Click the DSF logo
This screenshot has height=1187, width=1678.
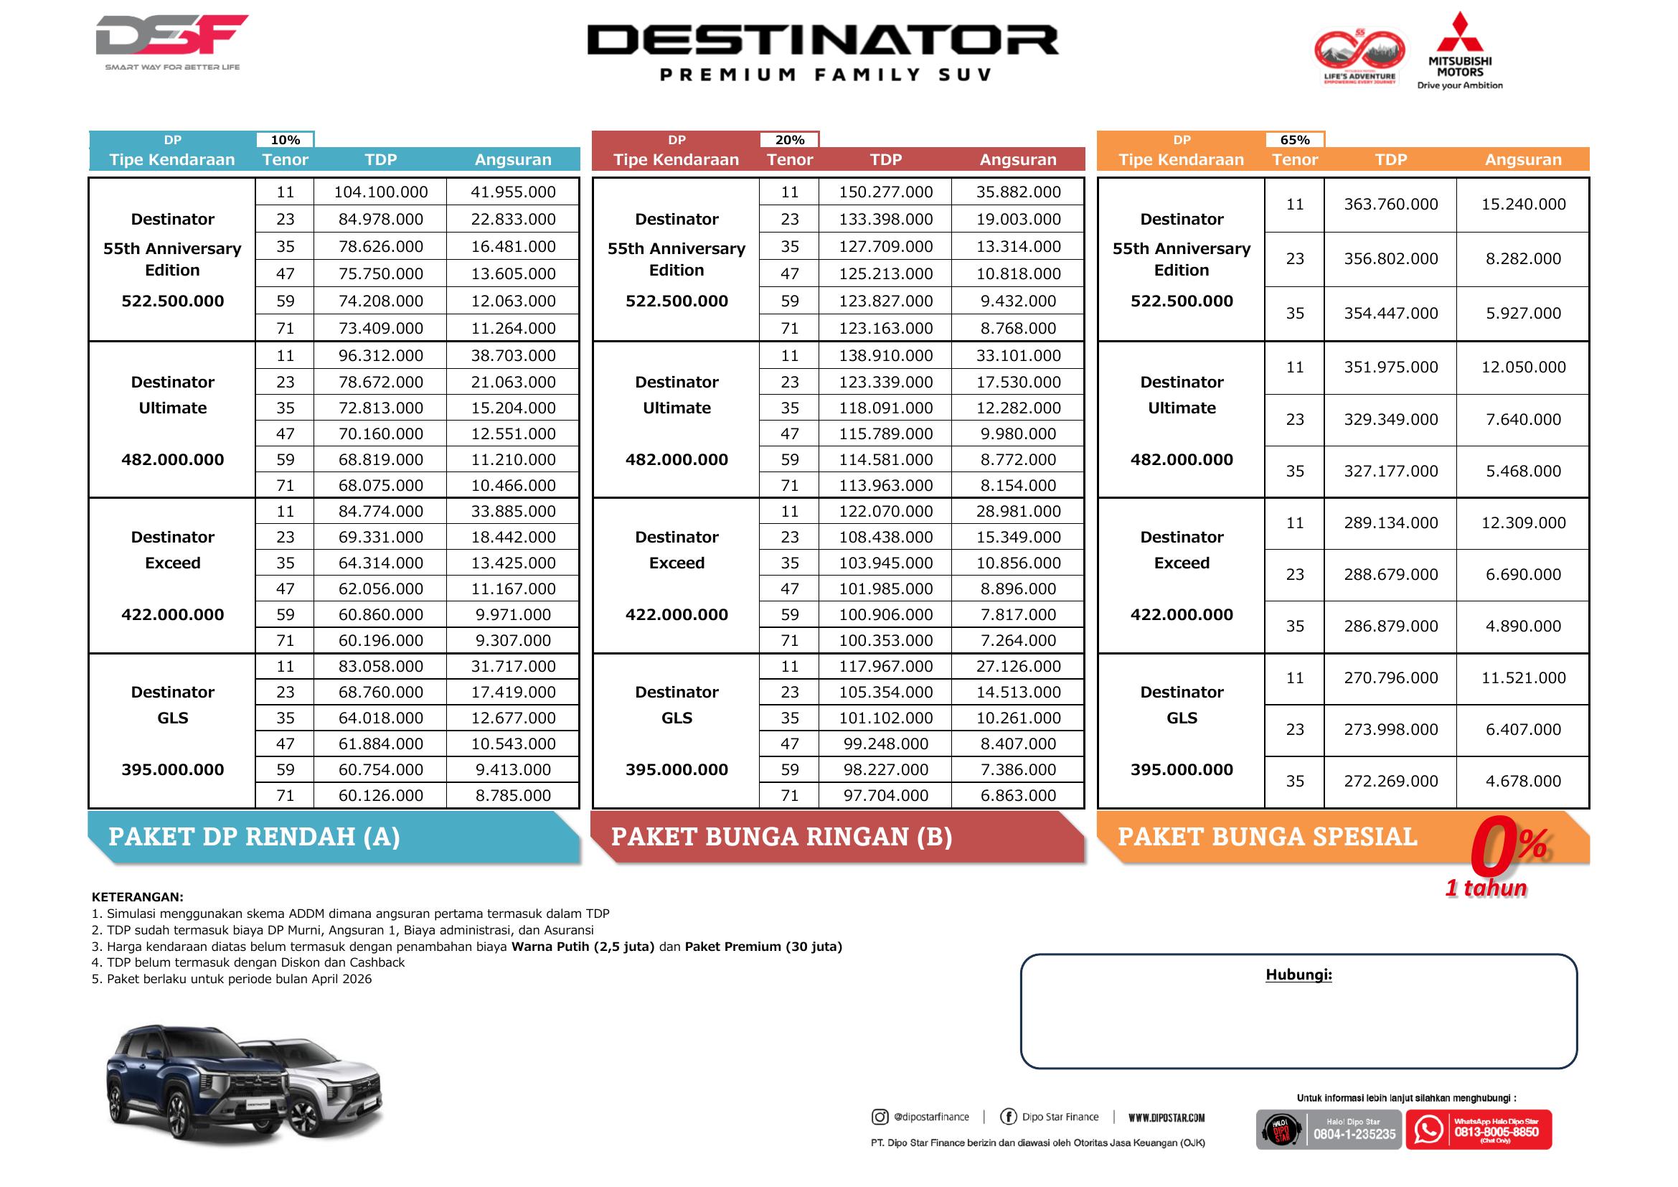pyautogui.click(x=171, y=35)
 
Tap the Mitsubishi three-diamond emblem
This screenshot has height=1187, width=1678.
pyautogui.click(x=1459, y=33)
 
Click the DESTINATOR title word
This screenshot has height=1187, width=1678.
pyautogui.click(x=823, y=40)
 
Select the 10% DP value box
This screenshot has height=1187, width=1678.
pyautogui.click(x=285, y=140)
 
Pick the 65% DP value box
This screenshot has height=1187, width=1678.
pyautogui.click(x=1294, y=140)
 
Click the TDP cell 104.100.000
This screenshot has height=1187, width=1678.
pyautogui.click(x=381, y=192)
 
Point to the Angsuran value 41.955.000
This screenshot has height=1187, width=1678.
pyautogui.click(x=513, y=192)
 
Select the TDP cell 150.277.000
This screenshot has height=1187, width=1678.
pyautogui.click(x=885, y=192)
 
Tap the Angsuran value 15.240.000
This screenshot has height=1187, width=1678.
pyautogui.click(x=1523, y=205)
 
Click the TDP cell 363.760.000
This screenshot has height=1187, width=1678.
pyautogui.click(x=1390, y=205)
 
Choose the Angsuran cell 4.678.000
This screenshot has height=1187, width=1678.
pyautogui.click(x=1523, y=782)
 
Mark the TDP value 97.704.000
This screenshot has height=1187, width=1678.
pyautogui.click(x=885, y=796)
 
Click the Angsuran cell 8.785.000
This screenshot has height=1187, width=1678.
pyautogui.click(x=513, y=796)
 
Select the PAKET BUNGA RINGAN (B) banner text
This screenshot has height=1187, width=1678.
pyautogui.click(x=781, y=837)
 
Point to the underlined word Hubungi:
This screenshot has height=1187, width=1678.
pyautogui.click(x=1298, y=975)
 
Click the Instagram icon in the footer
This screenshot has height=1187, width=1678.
pyautogui.click(x=880, y=1117)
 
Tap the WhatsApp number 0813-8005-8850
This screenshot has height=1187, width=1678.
pyautogui.click(x=1496, y=1132)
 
